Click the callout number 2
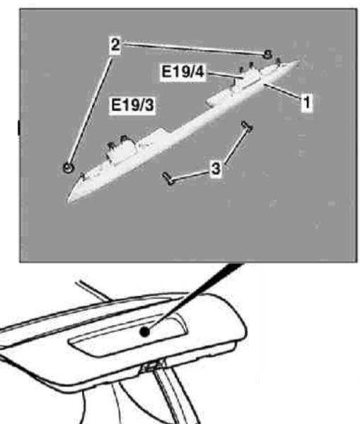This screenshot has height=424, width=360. (x=115, y=45)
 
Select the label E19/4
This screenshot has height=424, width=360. (x=182, y=71)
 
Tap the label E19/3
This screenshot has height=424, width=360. (x=132, y=105)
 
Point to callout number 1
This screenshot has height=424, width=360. (x=307, y=102)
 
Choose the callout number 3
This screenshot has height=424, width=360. (x=216, y=169)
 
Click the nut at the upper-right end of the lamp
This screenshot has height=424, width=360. (x=267, y=54)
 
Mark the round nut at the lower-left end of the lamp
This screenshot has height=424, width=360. (x=68, y=167)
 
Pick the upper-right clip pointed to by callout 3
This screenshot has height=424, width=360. (x=247, y=126)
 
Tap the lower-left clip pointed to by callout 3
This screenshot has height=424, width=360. (x=168, y=179)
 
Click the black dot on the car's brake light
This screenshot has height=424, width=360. (x=145, y=332)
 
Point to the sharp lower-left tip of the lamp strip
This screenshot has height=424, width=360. (x=68, y=201)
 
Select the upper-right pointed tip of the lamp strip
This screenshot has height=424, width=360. (x=298, y=62)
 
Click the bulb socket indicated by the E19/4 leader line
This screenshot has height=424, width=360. (x=248, y=73)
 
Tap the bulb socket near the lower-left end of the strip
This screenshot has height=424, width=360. (x=120, y=148)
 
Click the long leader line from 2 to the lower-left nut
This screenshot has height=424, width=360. (x=90, y=110)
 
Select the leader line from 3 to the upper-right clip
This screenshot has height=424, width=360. (x=236, y=146)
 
